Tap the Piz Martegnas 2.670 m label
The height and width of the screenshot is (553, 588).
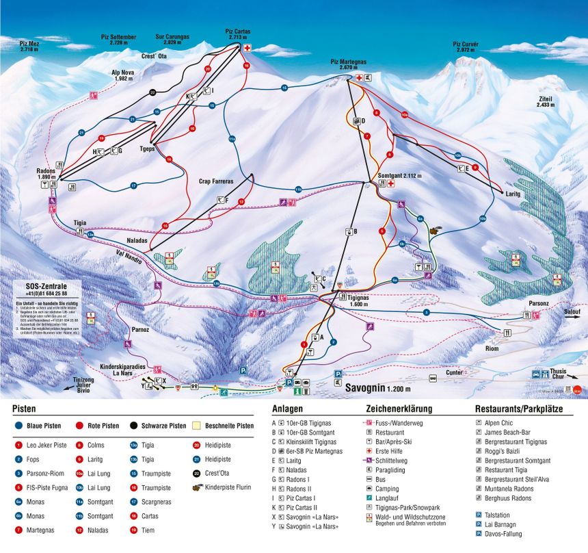pyautogui.click(x=349, y=64)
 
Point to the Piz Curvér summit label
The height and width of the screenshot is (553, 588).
pyautogui.click(x=466, y=47)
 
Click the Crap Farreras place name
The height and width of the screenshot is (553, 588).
pyautogui.click(x=216, y=181)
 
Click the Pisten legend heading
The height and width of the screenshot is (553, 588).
pyautogui.click(x=25, y=409)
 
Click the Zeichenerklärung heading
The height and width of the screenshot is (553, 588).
pyautogui.click(x=399, y=409)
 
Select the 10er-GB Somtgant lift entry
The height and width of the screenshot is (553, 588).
pyautogui.click(x=309, y=433)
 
